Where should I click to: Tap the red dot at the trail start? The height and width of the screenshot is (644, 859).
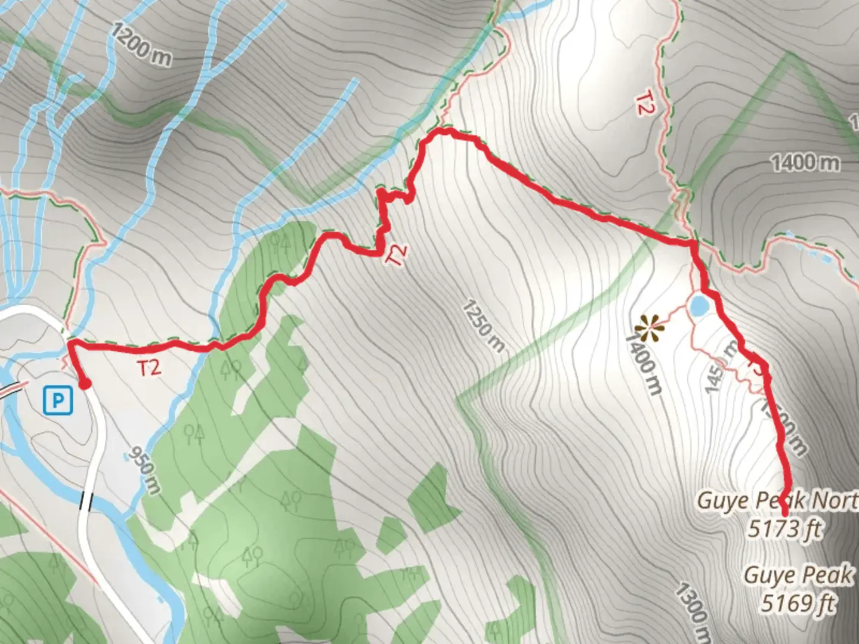[85, 384]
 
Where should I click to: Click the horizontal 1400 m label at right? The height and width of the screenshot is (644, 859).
[805, 162]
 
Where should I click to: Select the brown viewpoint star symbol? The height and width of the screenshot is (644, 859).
[647, 329]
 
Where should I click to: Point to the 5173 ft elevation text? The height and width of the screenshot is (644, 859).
[785, 528]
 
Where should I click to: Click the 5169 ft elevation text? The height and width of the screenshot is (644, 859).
[798, 603]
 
